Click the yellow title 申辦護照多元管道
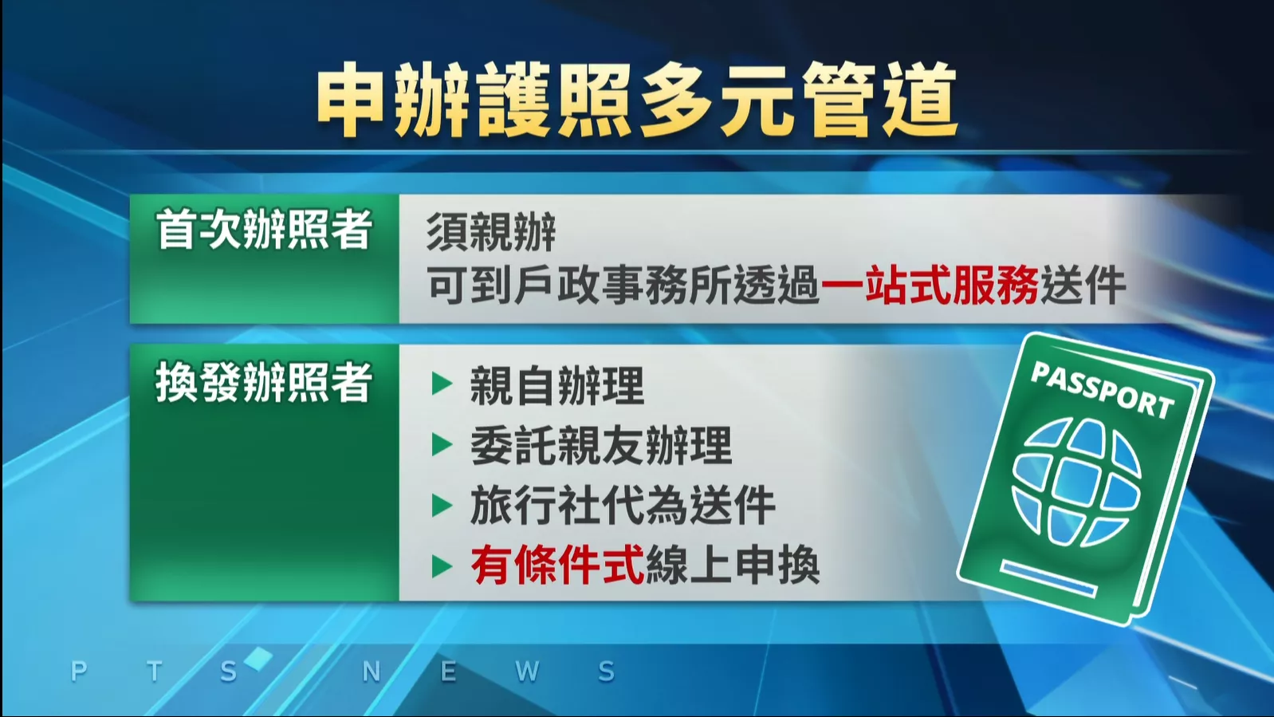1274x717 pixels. point(636,100)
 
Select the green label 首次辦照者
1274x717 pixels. point(264,230)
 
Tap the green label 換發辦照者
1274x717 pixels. point(264,383)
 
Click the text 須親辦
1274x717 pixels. point(490,232)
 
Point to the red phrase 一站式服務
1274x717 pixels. point(930,286)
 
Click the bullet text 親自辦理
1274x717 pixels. point(556,385)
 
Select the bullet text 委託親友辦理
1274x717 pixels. point(600,445)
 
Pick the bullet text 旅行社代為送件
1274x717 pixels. point(622,506)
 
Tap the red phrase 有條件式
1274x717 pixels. point(556,565)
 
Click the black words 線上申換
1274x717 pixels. point(732,565)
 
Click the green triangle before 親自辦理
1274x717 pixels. point(442,384)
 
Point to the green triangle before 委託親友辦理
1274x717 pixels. point(442,445)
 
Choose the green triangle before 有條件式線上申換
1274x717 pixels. point(442,566)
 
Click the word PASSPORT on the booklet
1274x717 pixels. point(1102,390)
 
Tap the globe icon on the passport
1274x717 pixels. point(1076,483)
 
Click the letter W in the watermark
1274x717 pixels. point(527,672)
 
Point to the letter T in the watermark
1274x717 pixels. point(155,672)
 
